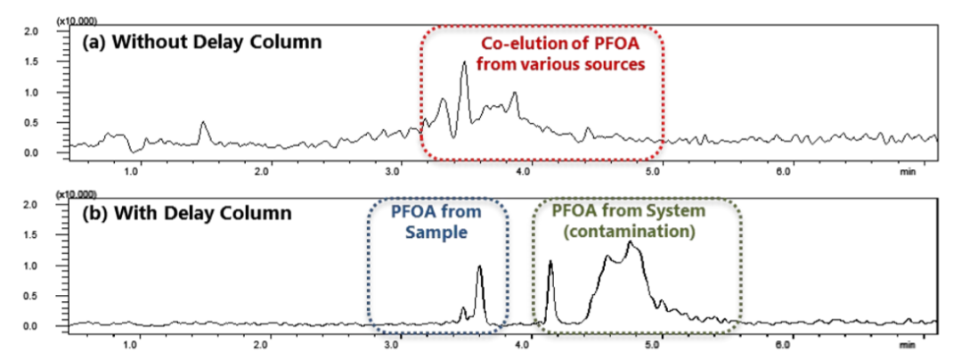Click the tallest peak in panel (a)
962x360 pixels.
pyautogui.click(x=464, y=63)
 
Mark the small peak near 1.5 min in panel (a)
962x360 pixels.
pyautogui.click(x=203, y=123)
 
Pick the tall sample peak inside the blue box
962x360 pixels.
pyautogui.click(x=479, y=267)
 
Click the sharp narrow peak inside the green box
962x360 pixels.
pyautogui.click(x=550, y=263)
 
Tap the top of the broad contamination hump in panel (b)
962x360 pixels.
pyautogui.click(x=634, y=243)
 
